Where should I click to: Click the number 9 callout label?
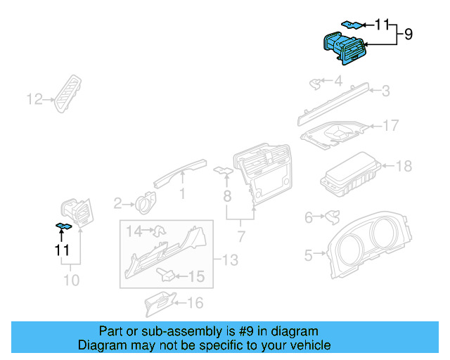point(408,34)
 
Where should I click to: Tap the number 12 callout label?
point(34,99)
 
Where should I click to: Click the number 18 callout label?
point(404,167)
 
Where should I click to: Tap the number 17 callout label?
point(390,126)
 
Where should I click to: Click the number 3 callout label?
point(385,90)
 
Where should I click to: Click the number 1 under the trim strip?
point(182,193)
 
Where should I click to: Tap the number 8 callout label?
point(226,193)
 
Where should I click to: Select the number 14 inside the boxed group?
point(134,230)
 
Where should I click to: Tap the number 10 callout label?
point(71,281)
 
